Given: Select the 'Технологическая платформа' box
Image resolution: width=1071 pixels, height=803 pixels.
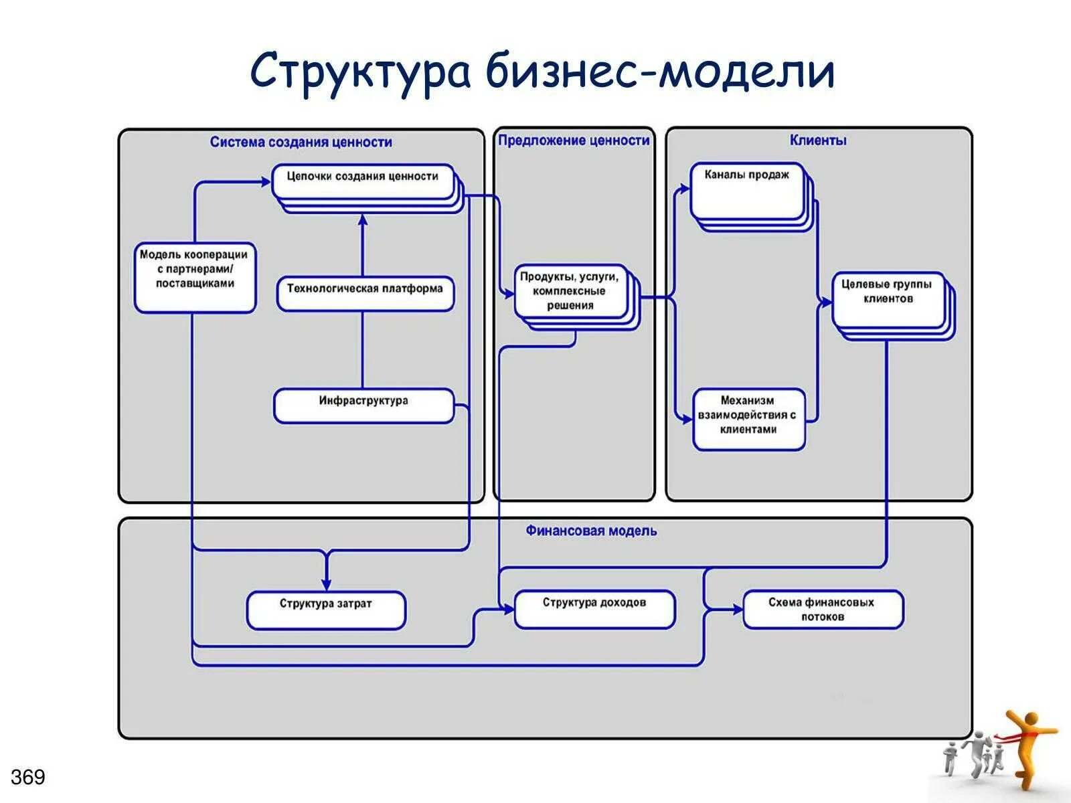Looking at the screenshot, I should click(365, 293).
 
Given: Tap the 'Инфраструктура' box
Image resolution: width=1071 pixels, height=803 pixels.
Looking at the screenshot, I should click(363, 406).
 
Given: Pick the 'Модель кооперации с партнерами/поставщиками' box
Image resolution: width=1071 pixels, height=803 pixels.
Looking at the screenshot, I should click(195, 277).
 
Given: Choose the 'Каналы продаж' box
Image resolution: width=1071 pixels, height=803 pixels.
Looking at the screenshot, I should click(747, 191).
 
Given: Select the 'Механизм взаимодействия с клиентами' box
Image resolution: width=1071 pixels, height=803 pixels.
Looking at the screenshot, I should click(748, 419).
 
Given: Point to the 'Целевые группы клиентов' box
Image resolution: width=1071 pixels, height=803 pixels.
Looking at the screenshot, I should click(888, 299).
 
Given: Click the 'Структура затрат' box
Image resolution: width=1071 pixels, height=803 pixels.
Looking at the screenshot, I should click(326, 610).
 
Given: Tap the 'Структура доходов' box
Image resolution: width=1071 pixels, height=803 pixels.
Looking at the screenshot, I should click(594, 608).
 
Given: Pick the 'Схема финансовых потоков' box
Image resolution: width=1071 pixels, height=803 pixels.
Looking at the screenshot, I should click(823, 609).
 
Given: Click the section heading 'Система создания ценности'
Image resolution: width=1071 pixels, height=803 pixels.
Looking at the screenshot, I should click(301, 142).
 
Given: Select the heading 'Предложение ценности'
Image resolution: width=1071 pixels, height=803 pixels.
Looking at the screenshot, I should click(574, 141).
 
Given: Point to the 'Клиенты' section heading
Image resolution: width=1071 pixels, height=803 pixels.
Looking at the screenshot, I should click(818, 141).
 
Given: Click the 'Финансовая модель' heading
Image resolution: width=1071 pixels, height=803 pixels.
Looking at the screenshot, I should click(591, 531).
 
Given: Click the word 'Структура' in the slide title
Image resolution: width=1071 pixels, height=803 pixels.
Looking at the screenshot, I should click(361, 72).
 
